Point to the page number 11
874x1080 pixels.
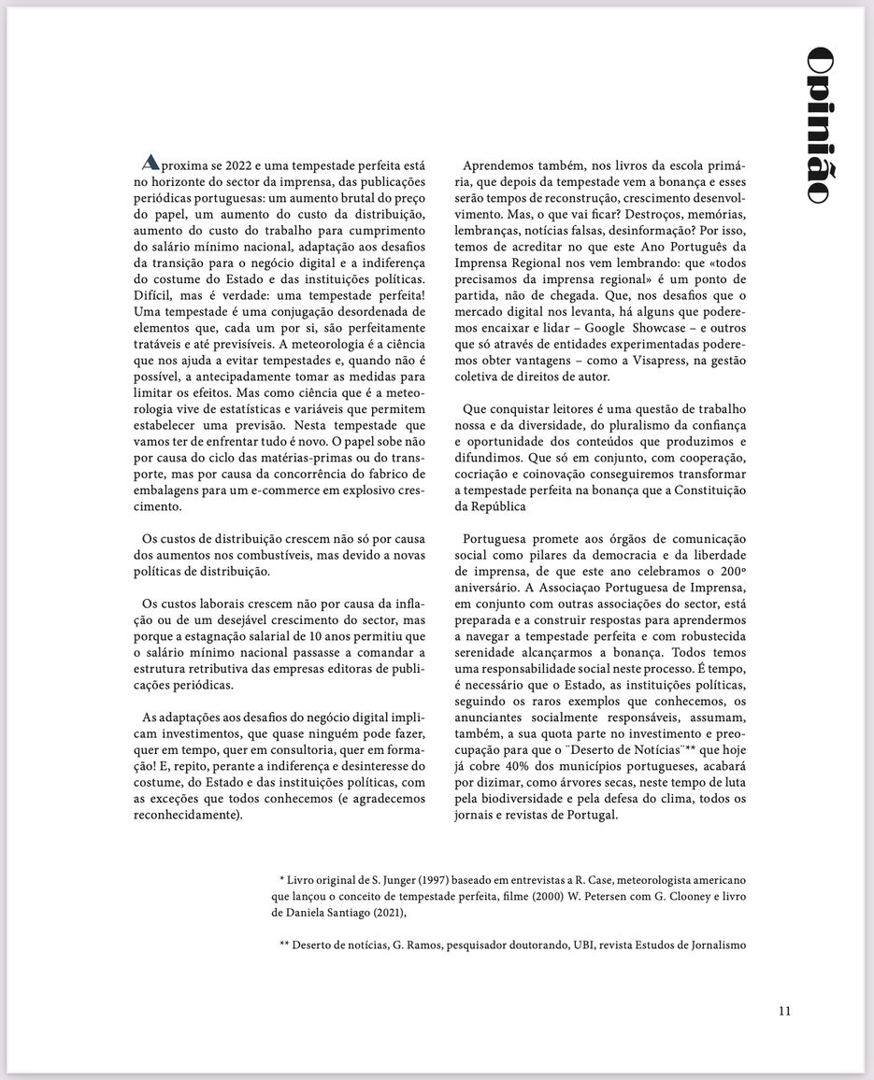pyautogui.click(x=784, y=1010)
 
